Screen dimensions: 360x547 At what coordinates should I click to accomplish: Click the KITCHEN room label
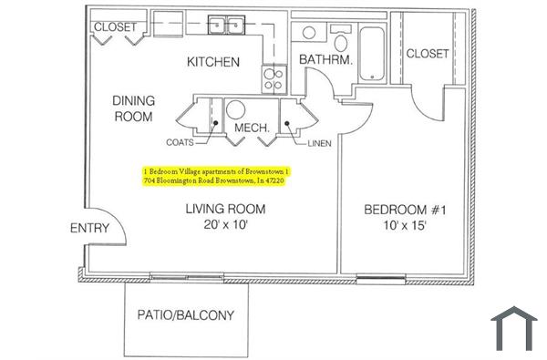click(213, 63)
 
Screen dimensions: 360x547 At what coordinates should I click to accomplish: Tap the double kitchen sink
click(227, 25)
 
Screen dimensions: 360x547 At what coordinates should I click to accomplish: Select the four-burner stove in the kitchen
click(273, 77)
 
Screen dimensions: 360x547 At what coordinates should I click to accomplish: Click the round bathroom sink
click(309, 34)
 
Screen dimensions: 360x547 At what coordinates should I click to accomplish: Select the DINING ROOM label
click(132, 108)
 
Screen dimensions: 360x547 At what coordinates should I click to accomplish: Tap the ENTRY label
click(89, 229)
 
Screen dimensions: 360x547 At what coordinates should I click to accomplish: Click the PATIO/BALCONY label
click(185, 316)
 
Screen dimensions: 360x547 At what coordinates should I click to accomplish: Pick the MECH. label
click(252, 129)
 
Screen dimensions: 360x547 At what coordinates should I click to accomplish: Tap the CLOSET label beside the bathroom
click(428, 54)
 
